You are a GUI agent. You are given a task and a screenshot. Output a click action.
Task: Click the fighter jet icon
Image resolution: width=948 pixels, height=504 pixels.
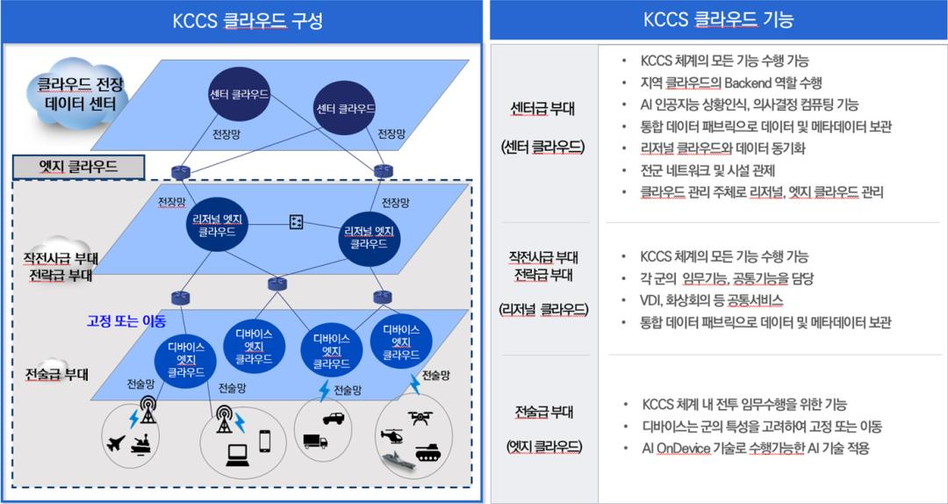pos(114,442)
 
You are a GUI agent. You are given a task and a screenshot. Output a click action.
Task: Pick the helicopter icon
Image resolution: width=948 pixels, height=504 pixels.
pos(391,436)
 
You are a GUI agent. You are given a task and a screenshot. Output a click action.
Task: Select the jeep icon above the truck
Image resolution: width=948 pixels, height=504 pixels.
pos(334,418)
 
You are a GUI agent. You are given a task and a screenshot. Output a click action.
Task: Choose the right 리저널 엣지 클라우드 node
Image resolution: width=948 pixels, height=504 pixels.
pos(370,236)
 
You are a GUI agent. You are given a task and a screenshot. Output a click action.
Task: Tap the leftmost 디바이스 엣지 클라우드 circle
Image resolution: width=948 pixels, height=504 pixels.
pos(186,358)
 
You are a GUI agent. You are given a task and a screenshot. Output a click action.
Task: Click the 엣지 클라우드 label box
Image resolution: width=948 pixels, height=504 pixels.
pos(79,166)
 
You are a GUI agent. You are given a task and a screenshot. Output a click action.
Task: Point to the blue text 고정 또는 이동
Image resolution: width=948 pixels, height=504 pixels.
pos(126,320)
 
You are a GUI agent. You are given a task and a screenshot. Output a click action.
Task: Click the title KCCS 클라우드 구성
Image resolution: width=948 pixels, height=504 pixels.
pos(241,20)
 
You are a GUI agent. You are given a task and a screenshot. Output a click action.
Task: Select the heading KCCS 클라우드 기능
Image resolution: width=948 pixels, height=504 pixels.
pos(718,20)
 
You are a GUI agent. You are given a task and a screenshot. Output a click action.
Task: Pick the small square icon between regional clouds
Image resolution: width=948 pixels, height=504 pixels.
pos(297,222)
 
